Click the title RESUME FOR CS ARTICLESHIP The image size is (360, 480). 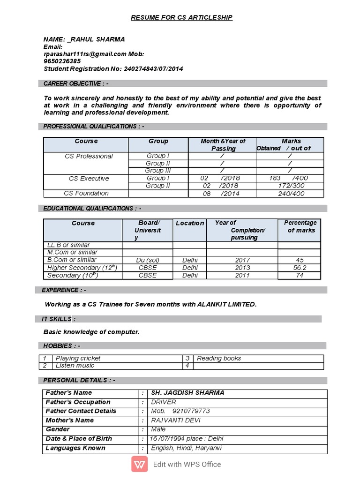[x=182, y=18]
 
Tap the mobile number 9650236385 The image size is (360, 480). [x=62, y=61]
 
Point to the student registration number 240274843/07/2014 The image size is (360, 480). [x=153, y=69]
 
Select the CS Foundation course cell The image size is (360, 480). [x=86, y=193]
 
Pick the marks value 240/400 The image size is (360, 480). [x=291, y=193]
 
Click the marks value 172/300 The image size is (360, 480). [x=291, y=186]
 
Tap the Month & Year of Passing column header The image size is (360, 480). [x=223, y=144]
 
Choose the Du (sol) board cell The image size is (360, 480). [x=148, y=260]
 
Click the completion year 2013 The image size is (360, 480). [x=242, y=268]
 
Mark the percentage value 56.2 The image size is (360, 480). [x=299, y=268]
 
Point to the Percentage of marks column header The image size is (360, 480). [x=300, y=226]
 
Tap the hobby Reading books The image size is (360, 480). [x=219, y=358]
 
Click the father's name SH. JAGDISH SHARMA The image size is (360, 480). [x=187, y=393]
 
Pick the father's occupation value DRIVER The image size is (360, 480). [x=164, y=402]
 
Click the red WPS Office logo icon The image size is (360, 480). [x=140, y=465]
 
